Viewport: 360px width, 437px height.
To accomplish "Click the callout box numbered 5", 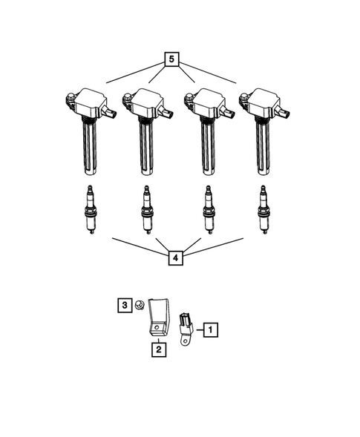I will coord(172,59).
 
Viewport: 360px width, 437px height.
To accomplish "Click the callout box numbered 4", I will coord(174,257).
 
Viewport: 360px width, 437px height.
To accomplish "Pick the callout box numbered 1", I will coord(211,328).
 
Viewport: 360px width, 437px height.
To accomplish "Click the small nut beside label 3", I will coord(140,306).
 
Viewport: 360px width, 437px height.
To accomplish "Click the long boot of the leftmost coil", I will coord(89,148).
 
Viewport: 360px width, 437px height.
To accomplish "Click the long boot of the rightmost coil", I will coord(262,148).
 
